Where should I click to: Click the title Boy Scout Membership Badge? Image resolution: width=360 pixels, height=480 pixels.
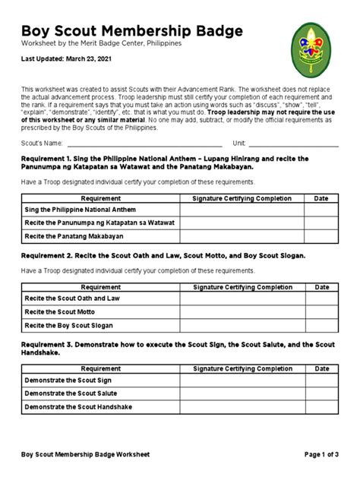click(132, 31)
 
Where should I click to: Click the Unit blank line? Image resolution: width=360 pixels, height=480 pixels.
click(293, 143)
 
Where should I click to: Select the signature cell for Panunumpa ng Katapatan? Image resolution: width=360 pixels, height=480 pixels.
click(242, 223)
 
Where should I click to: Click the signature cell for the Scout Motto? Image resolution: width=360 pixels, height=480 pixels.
click(242, 312)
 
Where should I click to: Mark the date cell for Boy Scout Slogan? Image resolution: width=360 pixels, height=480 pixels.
click(321, 325)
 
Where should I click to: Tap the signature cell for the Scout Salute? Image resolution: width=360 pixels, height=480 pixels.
click(242, 393)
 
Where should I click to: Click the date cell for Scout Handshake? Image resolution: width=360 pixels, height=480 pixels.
click(321, 406)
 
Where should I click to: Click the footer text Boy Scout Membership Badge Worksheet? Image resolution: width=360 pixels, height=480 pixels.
click(85, 454)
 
